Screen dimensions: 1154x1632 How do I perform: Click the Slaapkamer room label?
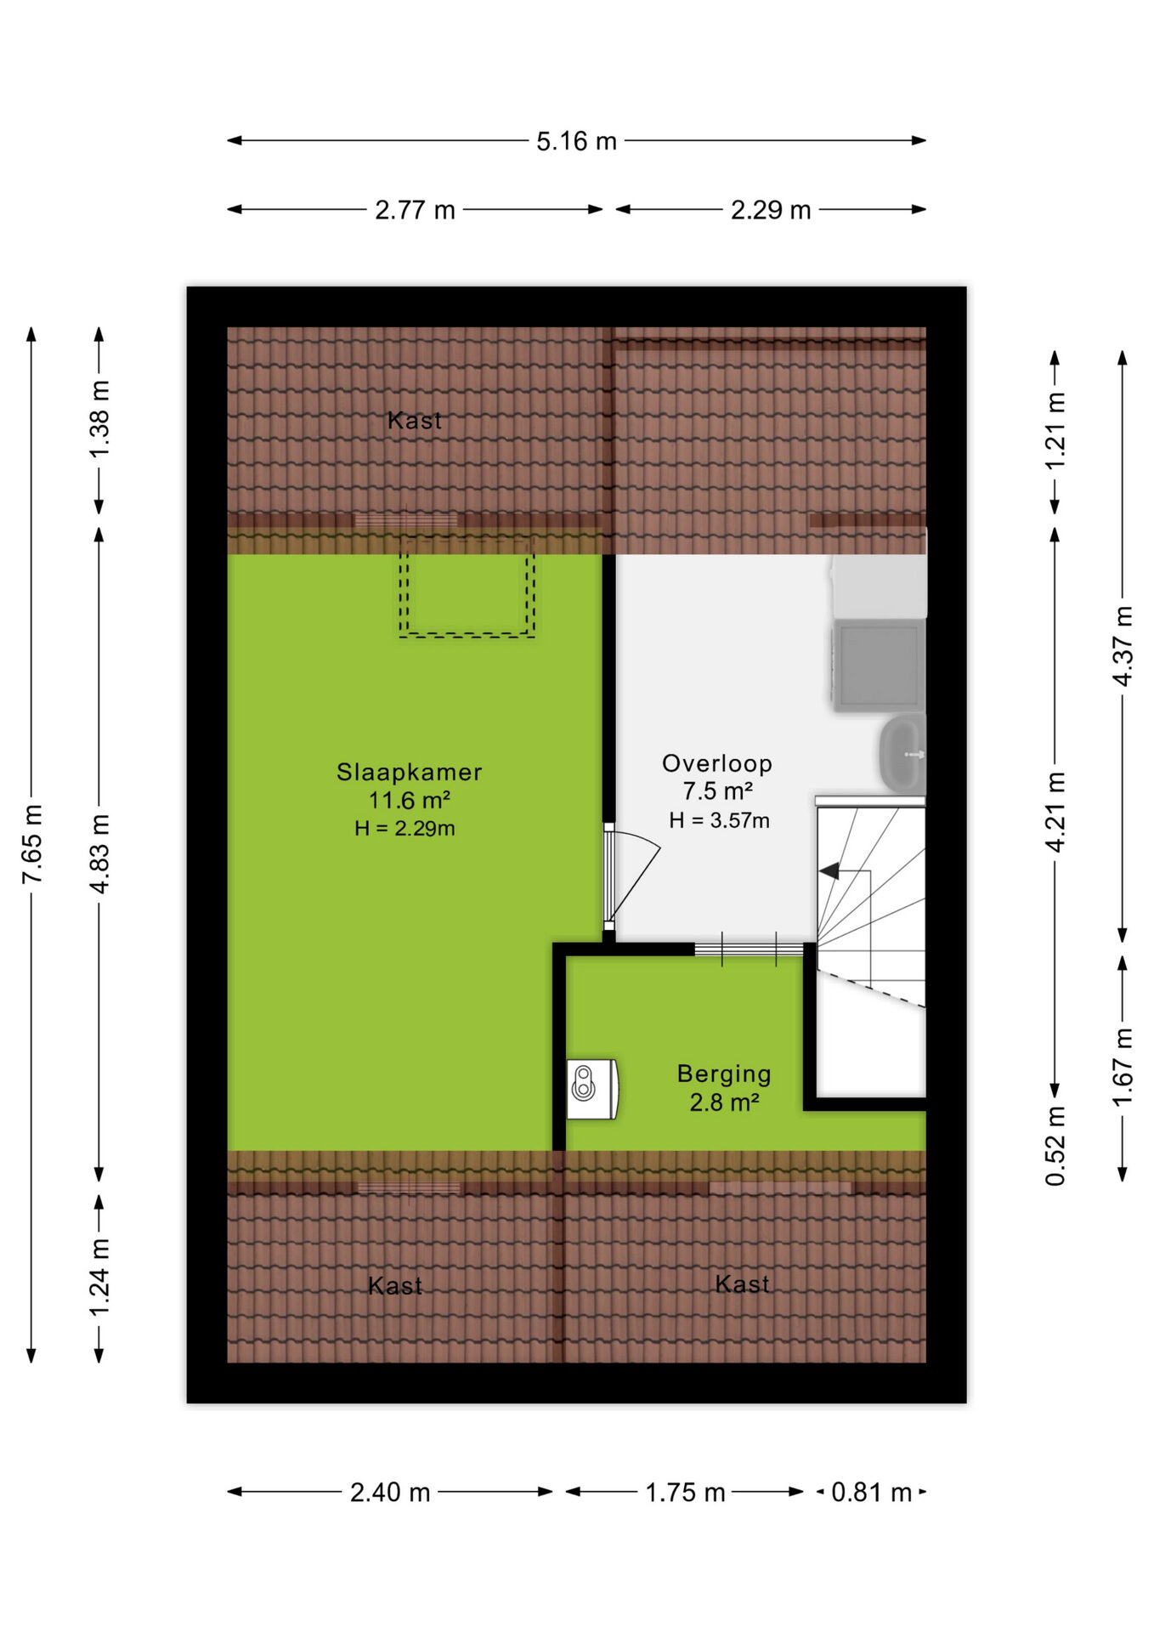[409, 772]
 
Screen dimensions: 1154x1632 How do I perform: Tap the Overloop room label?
[717, 763]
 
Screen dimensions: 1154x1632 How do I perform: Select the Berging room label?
[724, 1074]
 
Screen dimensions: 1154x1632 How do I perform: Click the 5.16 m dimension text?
[576, 141]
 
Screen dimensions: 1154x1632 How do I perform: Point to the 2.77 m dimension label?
[415, 210]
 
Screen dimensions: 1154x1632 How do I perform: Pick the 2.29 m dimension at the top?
[771, 210]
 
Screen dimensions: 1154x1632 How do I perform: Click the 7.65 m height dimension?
[31, 844]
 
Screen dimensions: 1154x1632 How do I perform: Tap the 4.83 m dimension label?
[99, 853]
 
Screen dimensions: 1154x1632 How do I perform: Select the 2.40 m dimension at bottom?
[390, 1493]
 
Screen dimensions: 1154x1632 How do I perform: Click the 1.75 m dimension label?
[685, 1493]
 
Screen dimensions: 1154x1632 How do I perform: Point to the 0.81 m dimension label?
[871, 1493]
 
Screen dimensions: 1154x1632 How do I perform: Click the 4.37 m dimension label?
[1123, 646]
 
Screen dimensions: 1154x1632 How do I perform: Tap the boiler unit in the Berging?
[592, 1089]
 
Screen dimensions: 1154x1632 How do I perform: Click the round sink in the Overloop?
[902, 754]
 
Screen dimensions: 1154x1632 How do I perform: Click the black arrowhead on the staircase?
[829, 871]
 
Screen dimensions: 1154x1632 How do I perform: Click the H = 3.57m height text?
[719, 820]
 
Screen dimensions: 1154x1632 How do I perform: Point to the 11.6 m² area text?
[409, 800]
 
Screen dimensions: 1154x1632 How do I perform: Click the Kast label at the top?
[415, 420]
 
